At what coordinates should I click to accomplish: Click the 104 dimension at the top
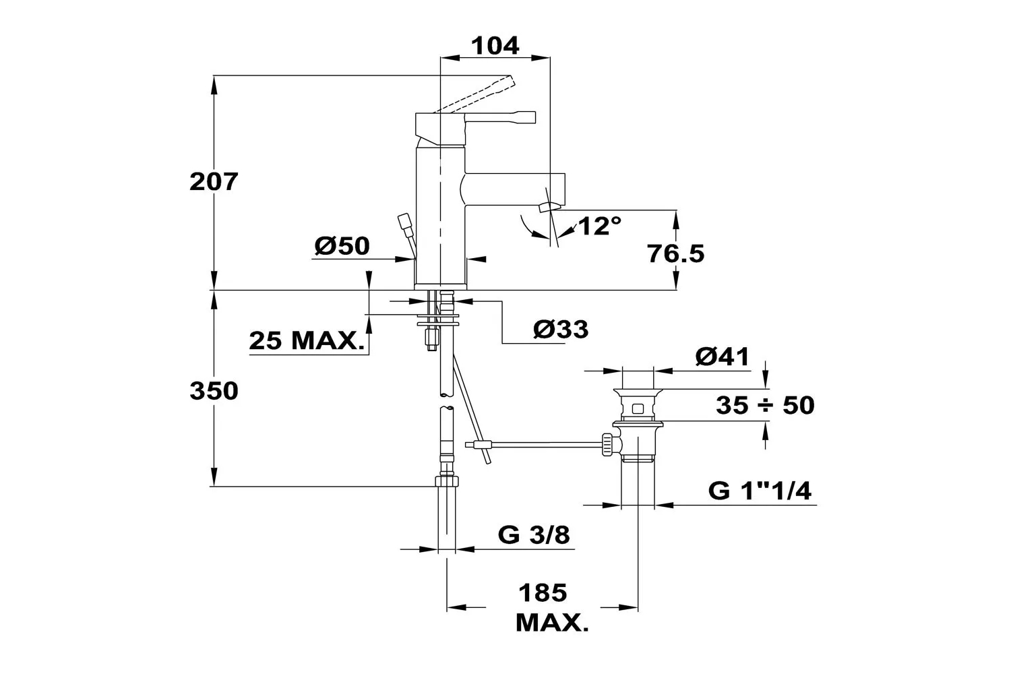point(495,46)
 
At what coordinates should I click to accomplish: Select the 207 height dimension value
point(214,181)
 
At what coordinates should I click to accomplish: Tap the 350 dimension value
point(214,390)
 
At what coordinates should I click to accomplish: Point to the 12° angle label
point(599,226)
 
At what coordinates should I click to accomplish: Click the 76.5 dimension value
point(675,253)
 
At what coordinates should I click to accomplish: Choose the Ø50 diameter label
point(342,246)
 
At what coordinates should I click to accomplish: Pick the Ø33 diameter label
point(561,329)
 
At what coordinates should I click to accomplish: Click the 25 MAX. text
point(307,340)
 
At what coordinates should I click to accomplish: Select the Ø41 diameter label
point(722,357)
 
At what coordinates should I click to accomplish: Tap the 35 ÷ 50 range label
point(765,405)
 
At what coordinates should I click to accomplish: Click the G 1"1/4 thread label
point(760,491)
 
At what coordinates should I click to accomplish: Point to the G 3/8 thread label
point(534,535)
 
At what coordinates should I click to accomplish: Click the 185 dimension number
point(543,592)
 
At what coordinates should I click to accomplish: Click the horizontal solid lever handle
point(500,117)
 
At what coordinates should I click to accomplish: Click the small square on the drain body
point(638,409)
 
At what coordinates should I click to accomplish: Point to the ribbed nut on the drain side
point(607,444)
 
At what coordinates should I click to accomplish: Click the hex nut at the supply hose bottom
point(447,481)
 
